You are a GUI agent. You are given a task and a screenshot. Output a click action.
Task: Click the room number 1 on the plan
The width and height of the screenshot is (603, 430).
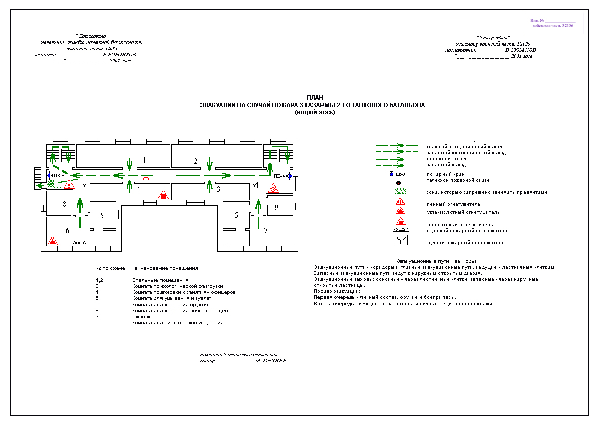(x=144, y=160)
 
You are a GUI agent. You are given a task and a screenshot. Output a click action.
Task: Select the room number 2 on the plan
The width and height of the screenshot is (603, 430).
(x=195, y=161)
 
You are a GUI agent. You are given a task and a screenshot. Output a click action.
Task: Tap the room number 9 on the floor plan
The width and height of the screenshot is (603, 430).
(x=276, y=207)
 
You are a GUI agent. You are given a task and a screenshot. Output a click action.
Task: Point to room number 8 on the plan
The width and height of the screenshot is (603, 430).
(x=64, y=204)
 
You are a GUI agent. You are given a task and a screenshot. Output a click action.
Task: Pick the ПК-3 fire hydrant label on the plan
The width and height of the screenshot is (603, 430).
(x=59, y=175)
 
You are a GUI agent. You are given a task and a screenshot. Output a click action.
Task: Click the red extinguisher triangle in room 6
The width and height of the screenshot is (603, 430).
(x=52, y=241)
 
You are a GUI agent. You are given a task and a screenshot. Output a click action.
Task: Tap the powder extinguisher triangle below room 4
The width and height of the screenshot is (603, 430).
(x=163, y=195)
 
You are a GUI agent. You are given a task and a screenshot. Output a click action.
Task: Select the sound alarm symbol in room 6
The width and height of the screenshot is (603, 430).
(x=79, y=243)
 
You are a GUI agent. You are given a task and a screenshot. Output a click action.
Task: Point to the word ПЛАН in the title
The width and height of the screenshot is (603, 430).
(x=314, y=97)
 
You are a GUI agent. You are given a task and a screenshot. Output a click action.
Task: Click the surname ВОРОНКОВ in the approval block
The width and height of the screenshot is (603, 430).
(x=119, y=54)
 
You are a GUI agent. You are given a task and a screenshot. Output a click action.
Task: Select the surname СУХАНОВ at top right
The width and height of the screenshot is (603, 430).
(x=520, y=50)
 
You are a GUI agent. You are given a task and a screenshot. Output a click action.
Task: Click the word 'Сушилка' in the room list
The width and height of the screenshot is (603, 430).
(x=143, y=317)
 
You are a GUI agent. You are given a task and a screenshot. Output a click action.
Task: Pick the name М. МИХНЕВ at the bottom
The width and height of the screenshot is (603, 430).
(x=271, y=361)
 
